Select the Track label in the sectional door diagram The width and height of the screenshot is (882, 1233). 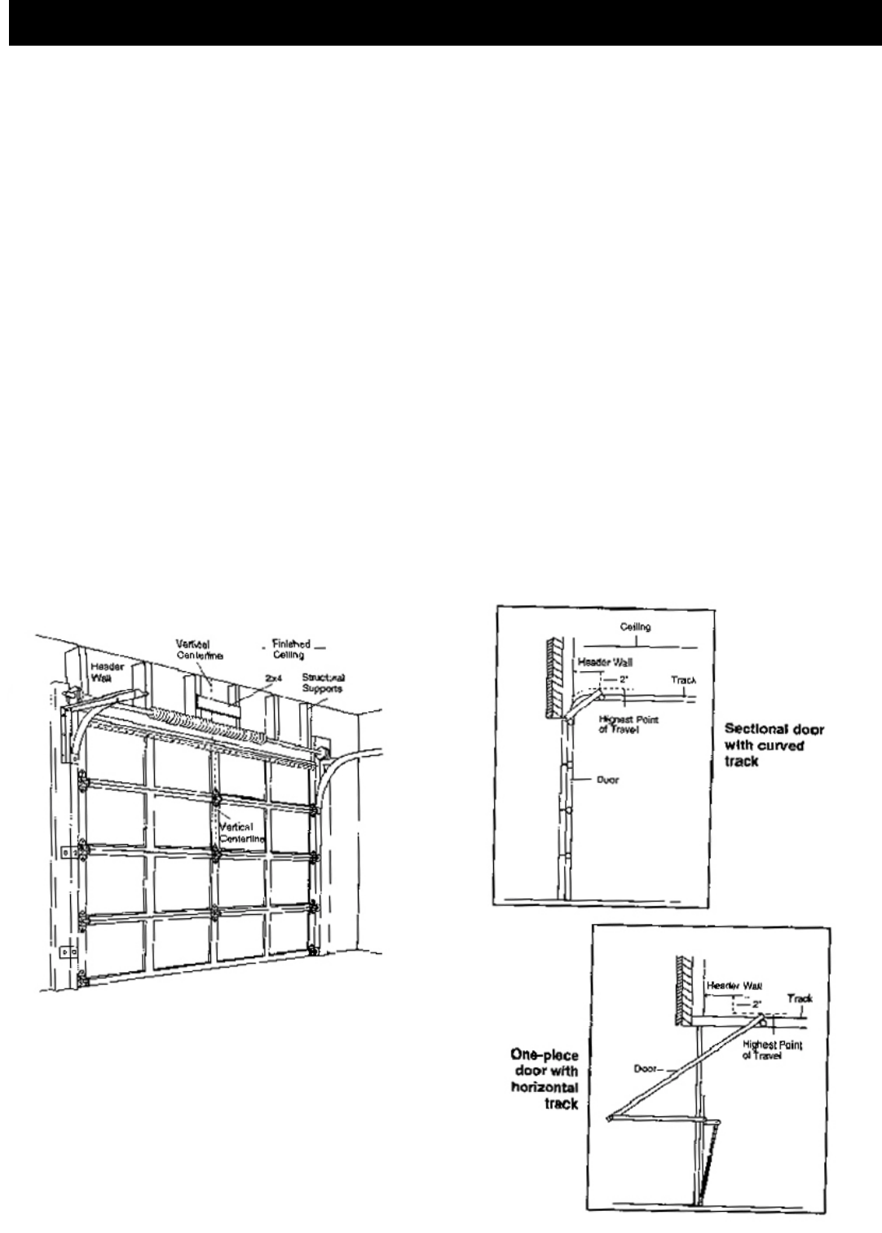pos(683,679)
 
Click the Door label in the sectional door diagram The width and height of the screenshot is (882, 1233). pos(606,780)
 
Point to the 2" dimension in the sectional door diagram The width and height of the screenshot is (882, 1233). pos(624,678)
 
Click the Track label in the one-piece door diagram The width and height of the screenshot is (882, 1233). pos(800,998)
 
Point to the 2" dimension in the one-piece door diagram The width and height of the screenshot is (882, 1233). pos(756,1003)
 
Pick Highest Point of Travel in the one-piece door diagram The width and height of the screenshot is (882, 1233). pos(774,1050)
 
